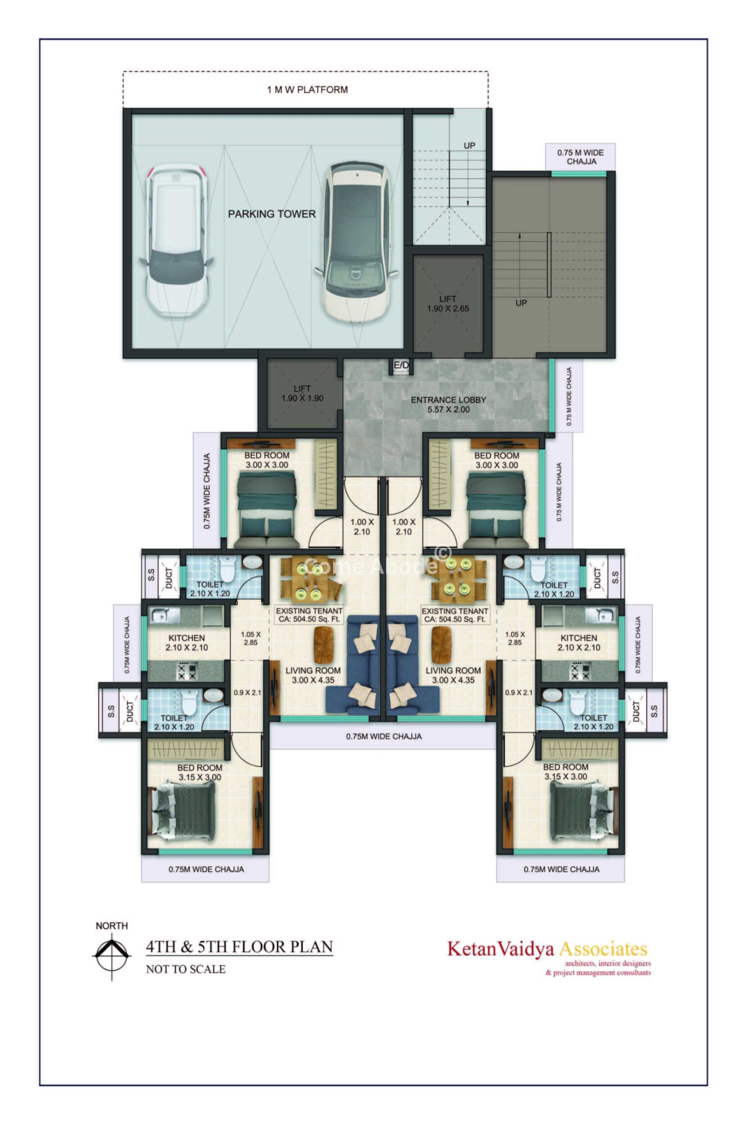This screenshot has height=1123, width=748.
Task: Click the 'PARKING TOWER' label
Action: (x=271, y=214)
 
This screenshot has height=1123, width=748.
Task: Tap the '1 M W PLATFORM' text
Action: (x=307, y=90)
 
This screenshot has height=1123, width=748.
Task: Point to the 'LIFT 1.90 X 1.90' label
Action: (x=302, y=394)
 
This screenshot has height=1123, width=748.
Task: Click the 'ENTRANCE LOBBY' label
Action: (x=449, y=400)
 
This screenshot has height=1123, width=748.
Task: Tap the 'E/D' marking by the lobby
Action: (x=401, y=365)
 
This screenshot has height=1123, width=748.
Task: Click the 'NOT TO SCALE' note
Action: (x=186, y=969)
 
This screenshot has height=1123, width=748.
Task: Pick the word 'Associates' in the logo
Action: (x=603, y=948)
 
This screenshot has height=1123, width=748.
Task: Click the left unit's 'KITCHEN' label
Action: (x=186, y=638)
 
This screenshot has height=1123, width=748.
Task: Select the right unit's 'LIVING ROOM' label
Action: (x=453, y=670)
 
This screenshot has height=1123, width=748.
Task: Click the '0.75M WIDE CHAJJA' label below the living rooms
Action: (x=384, y=736)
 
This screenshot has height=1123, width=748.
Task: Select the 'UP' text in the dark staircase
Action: (x=521, y=303)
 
